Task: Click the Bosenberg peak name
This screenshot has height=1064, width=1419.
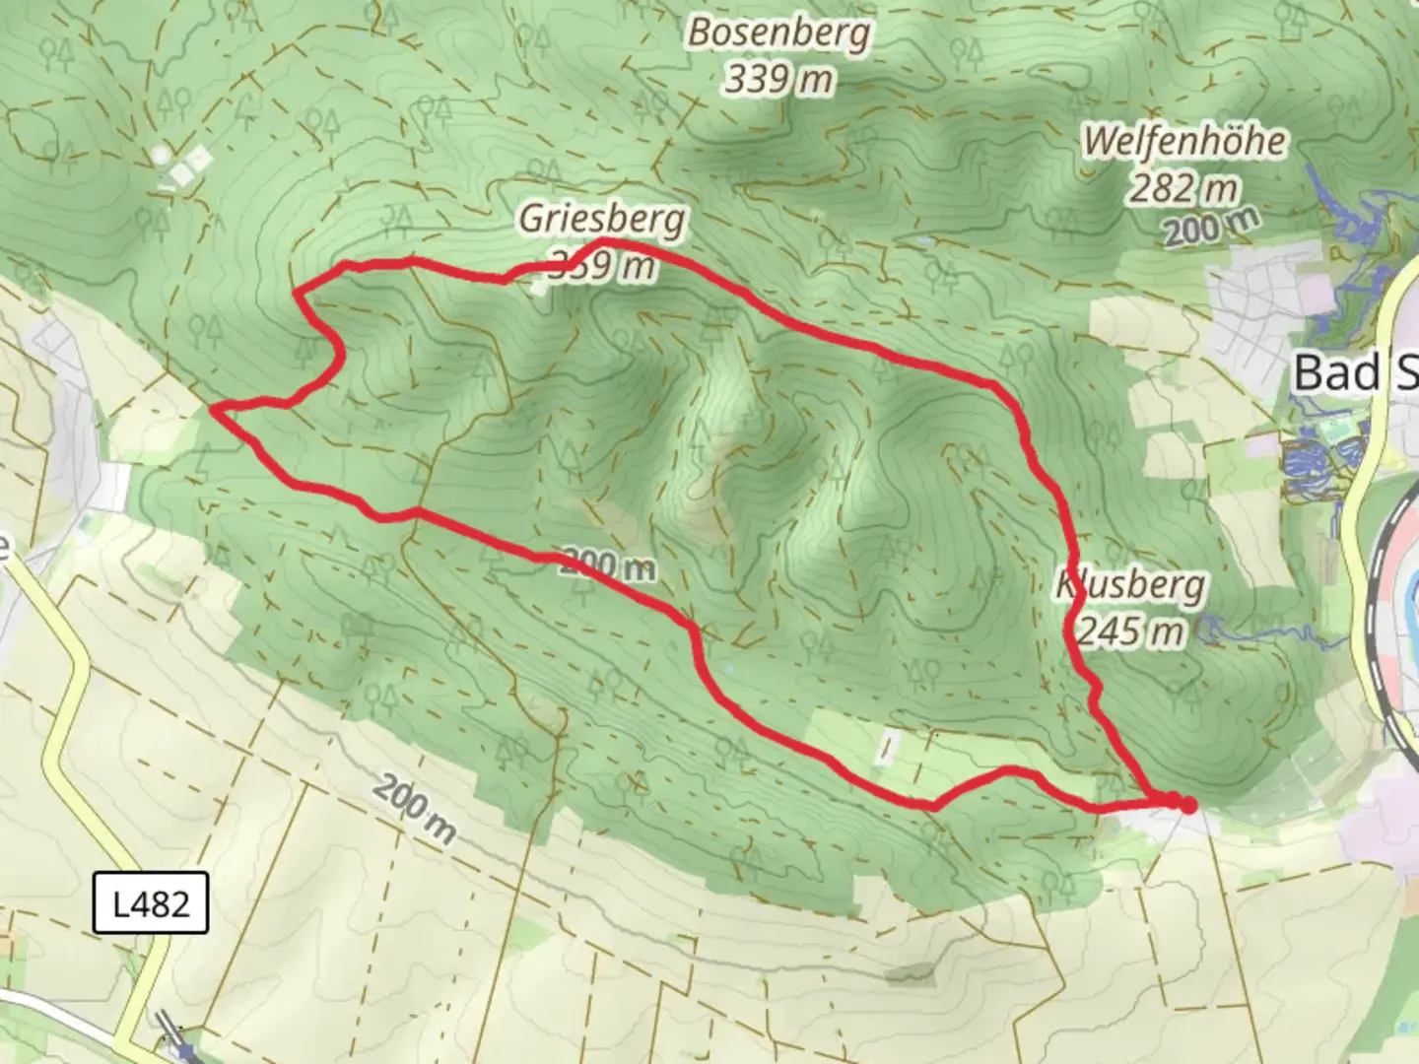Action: [x=778, y=33]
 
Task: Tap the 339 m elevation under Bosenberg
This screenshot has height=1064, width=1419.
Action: [x=778, y=78]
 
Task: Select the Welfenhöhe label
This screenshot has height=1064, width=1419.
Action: [x=1183, y=141]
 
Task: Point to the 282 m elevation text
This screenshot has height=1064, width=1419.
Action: [x=1182, y=186]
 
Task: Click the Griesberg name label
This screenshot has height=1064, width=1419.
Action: [x=601, y=218]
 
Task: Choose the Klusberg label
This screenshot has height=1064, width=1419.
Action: [x=1131, y=585]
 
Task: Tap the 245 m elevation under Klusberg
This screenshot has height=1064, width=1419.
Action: [x=1131, y=631]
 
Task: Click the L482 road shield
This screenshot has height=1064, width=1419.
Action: [x=151, y=902]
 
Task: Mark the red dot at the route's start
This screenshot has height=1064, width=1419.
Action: [x=1188, y=806]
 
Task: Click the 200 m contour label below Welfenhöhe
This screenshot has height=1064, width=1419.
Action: [x=1211, y=229]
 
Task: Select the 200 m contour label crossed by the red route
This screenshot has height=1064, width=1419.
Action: [x=607, y=565]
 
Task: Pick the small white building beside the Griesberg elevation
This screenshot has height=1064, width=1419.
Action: [x=538, y=288]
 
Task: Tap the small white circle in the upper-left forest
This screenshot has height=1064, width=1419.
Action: [x=160, y=155]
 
